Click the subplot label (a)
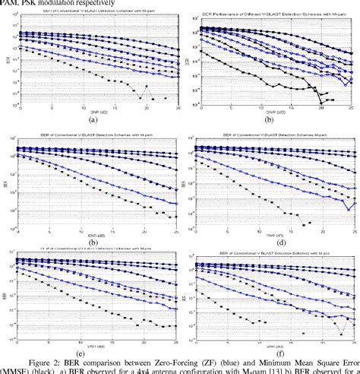pyautogui.click(x=93, y=119)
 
